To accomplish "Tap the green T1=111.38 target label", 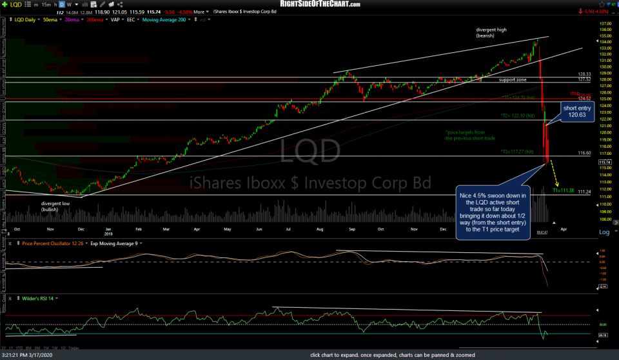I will [x=563, y=190].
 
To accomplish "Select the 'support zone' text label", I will [x=513, y=79].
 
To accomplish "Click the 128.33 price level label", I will [x=585, y=74].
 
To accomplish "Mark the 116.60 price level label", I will [x=585, y=153].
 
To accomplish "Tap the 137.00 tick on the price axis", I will [x=604, y=24].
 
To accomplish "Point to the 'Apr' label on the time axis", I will [x=564, y=229].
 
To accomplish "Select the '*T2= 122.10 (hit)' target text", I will [x=518, y=115].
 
